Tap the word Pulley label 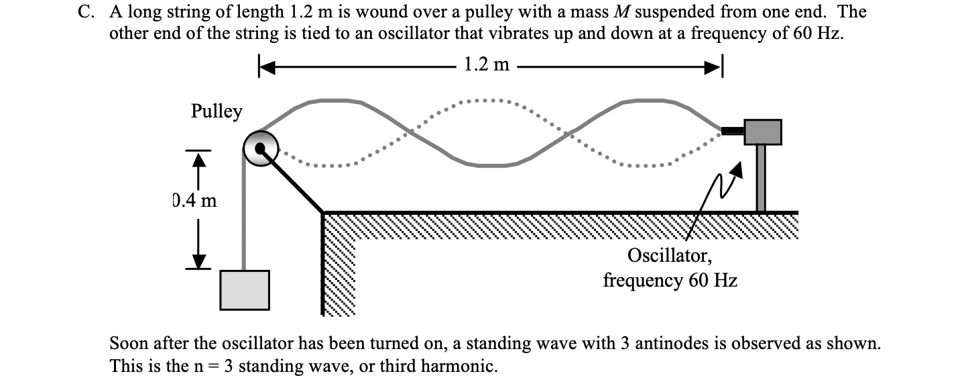216,111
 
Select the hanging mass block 245,290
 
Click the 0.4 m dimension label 194,200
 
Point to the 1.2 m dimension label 487,65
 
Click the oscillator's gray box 762,132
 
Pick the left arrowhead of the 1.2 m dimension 266,66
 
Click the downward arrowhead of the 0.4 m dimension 198,260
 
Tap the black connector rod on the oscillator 732,130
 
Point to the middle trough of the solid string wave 496,164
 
